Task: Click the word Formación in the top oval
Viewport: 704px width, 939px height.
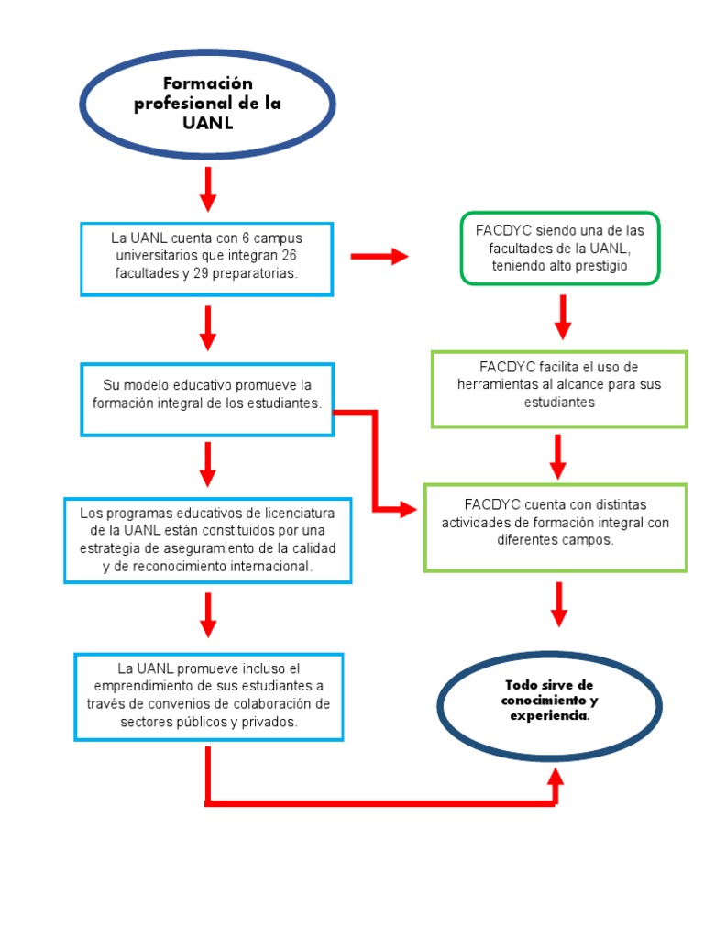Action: click(207, 84)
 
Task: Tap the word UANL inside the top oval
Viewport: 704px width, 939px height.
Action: click(207, 123)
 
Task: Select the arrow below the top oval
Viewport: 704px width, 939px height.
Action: click(208, 189)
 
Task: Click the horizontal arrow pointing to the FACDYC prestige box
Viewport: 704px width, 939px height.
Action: click(379, 257)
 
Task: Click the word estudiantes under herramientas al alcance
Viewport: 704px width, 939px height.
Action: click(559, 402)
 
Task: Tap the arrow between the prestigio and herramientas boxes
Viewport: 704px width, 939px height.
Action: click(562, 317)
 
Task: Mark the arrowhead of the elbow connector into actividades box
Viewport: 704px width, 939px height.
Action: click(409, 510)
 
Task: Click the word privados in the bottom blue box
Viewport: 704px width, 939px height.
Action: click(269, 722)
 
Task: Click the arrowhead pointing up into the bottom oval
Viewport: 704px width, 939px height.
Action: click(555, 778)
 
